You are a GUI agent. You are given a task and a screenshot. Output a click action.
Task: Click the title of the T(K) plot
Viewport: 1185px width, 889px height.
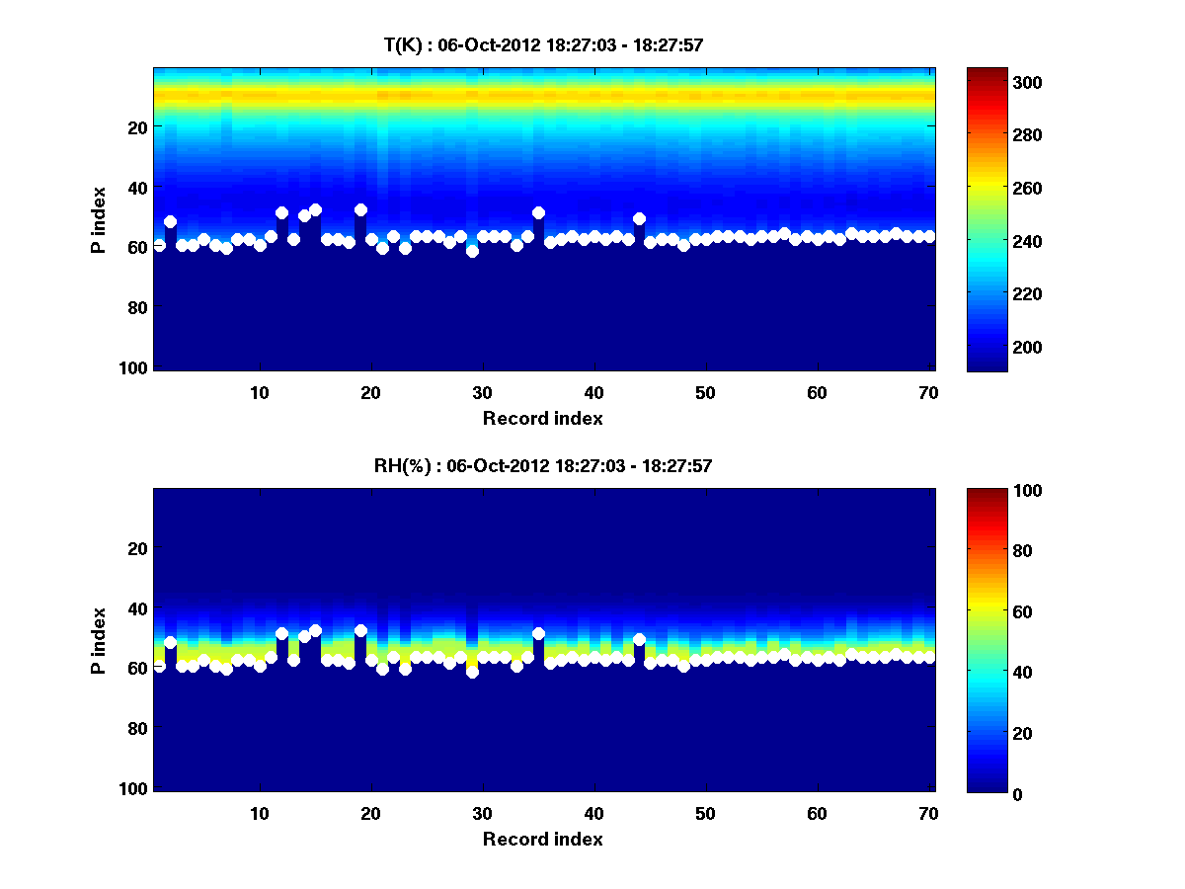pos(542,44)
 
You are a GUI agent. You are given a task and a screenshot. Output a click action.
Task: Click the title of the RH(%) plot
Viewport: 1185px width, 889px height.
pos(542,465)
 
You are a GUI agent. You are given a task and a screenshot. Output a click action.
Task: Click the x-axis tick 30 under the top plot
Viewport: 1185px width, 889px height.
pos(482,392)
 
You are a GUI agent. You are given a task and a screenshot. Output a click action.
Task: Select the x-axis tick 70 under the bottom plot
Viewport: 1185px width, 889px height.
pos(928,813)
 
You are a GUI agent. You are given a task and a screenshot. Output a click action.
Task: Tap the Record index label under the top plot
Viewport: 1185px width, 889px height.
pos(542,418)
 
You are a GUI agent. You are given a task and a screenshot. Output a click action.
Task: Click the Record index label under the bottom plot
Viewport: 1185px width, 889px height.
pos(542,839)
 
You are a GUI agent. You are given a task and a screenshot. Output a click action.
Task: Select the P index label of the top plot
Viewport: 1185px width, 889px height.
pos(99,217)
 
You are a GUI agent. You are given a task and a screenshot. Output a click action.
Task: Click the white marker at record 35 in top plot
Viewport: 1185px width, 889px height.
pos(538,212)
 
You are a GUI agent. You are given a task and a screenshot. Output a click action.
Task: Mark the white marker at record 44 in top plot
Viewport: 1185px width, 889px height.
pos(639,218)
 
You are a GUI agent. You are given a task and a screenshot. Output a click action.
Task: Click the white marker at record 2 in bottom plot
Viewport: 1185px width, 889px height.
pos(170,642)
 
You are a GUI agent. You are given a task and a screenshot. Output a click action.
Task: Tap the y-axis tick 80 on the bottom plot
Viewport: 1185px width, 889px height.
pos(137,729)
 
